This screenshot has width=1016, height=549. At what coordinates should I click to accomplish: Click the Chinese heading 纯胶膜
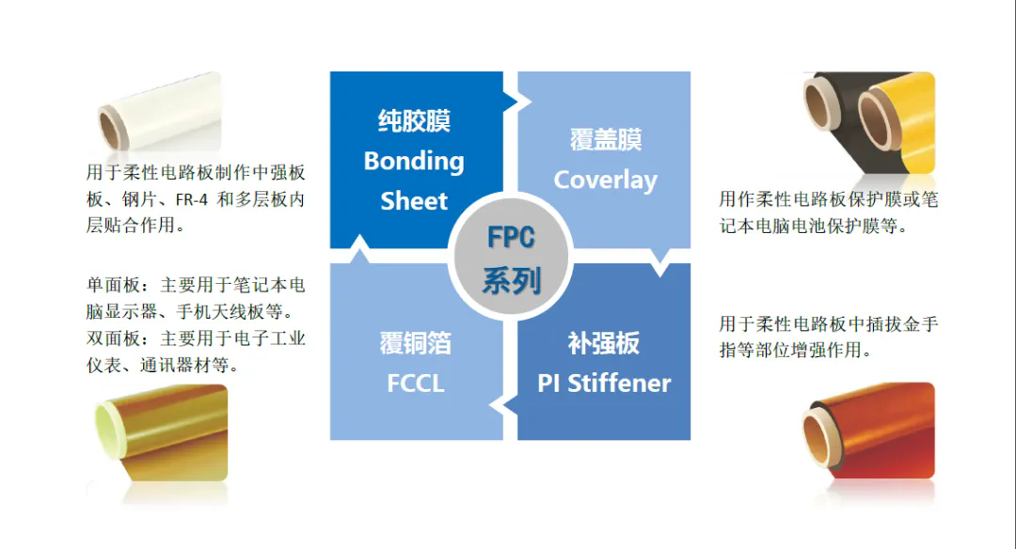pos(414,121)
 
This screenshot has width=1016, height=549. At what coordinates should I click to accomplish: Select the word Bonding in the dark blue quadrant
pos(414,161)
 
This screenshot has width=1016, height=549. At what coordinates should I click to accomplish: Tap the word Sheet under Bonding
pos(414,200)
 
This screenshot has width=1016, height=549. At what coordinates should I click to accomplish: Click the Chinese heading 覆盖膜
pos(605,140)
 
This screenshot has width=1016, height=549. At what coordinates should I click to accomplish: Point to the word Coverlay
pos(605,180)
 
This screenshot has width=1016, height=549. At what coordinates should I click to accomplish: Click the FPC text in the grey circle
pos(511,238)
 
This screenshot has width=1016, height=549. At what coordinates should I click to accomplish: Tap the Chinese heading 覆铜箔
pos(415,343)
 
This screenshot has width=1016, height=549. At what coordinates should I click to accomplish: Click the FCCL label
pos(415,383)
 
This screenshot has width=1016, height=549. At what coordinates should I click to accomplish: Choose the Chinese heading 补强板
pos(604,343)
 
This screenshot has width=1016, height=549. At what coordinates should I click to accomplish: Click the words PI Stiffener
pos(604,383)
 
